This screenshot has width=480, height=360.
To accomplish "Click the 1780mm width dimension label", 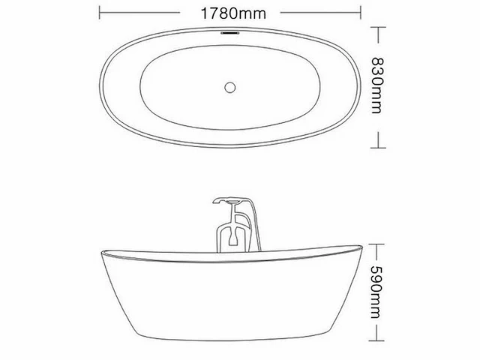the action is pyautogui.click(x=233, y=13).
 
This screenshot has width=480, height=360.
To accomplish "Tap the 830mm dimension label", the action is pyautogui.click(x=376, y=85).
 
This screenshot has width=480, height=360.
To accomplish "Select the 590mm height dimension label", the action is pyautogui.click(x=376, y=292).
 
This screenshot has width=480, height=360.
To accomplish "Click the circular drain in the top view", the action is pyautogui.click(x=230, y=88).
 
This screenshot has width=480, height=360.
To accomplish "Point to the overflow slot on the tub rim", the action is pyautogui.click(x=230, y=31).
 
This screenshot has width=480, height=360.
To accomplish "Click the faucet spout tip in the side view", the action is pyautogui.click(x=215, y=202).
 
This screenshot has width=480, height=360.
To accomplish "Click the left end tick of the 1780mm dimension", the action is pyautogui.click(x=100, y=13).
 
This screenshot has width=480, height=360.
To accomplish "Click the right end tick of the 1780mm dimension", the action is pyautogui.click(x=361, y=13).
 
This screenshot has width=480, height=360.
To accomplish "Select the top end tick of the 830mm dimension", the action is pyautogui.click(x=378, y=27).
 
